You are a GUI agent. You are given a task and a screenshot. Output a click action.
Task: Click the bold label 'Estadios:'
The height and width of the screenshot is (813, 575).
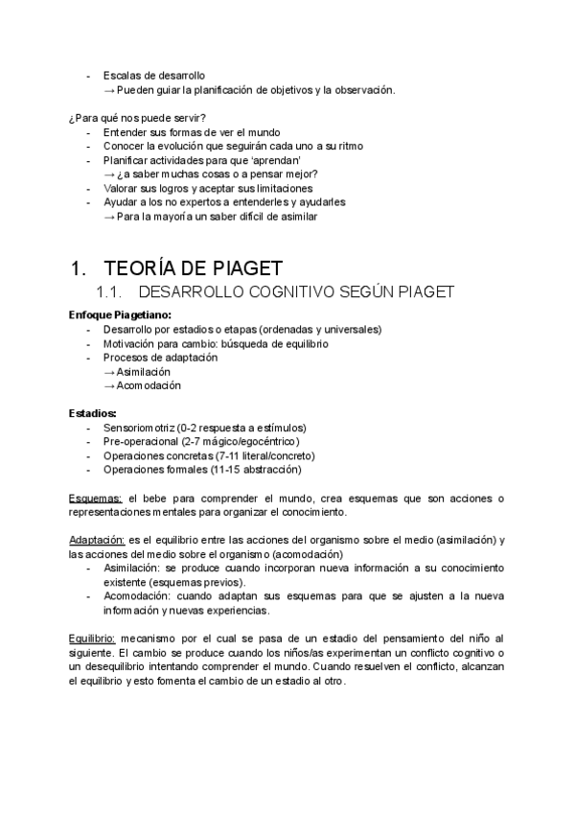[91, 413]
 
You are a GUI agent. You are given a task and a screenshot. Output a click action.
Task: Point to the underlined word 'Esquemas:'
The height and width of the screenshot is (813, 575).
[96, 499]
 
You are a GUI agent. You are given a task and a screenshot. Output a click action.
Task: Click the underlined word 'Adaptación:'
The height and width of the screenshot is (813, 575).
[100, 541]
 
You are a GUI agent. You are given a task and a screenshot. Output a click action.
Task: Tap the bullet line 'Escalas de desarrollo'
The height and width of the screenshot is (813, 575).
[153, 75]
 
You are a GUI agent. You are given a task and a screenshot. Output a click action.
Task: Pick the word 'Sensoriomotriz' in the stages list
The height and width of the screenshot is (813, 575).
[140, 428]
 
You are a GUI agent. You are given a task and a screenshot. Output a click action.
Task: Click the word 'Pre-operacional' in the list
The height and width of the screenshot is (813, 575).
[142, 441]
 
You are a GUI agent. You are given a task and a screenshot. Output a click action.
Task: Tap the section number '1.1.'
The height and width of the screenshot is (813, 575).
[110, 292]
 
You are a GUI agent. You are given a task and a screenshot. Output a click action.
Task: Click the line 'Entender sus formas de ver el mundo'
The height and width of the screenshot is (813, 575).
[193, 131]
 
